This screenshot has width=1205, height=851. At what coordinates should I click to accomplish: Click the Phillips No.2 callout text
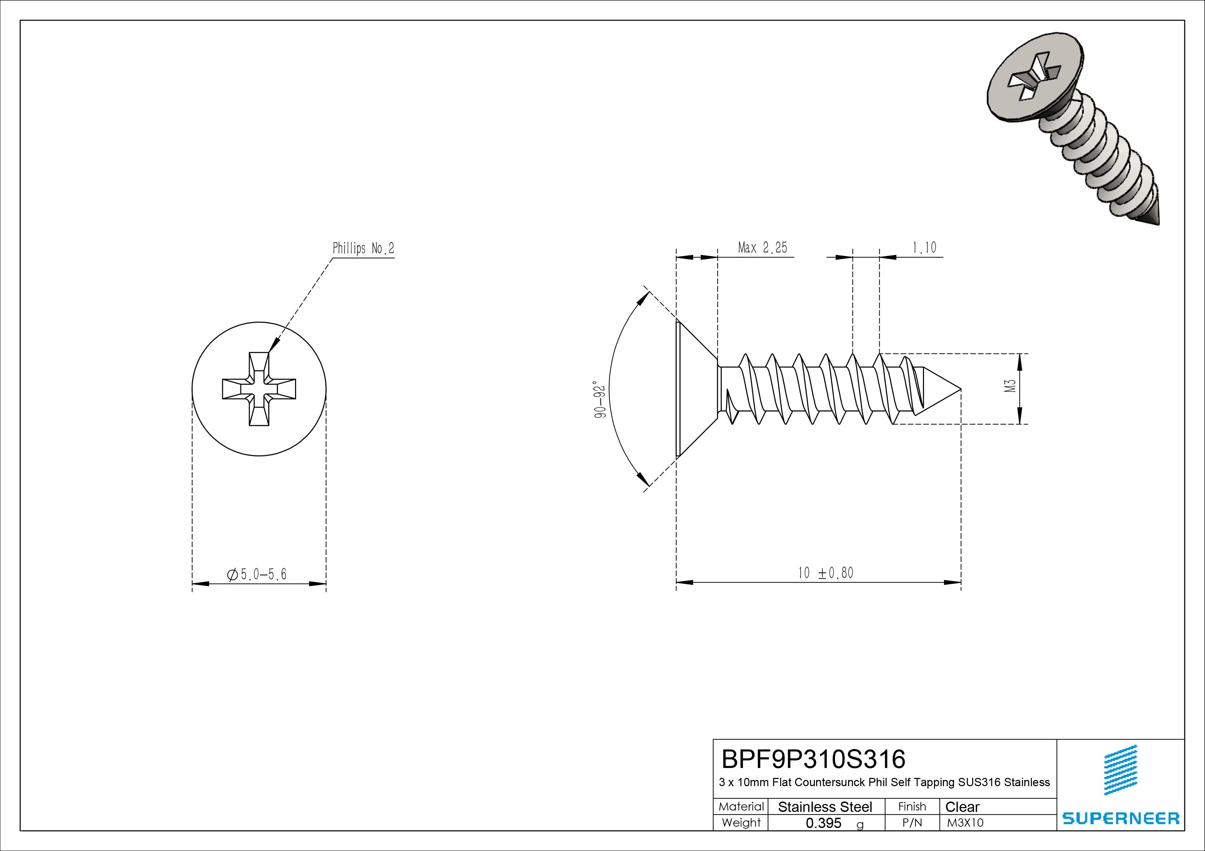pyautogui.click(x=363, y=248)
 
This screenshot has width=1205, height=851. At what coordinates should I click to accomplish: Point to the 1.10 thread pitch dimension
pyautogui.click(x=924, y=247)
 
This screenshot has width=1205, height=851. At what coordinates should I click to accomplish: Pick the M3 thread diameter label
pyautogui.click(x=1011, y=386)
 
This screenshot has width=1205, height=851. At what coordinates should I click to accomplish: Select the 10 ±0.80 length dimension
pyautogui.click(x=825, y=573)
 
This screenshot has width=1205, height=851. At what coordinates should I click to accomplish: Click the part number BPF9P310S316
pyautogui.click(x=813, y=759)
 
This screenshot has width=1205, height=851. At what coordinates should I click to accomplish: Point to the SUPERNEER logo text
pyautogui.click(x=1120, y=818)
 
